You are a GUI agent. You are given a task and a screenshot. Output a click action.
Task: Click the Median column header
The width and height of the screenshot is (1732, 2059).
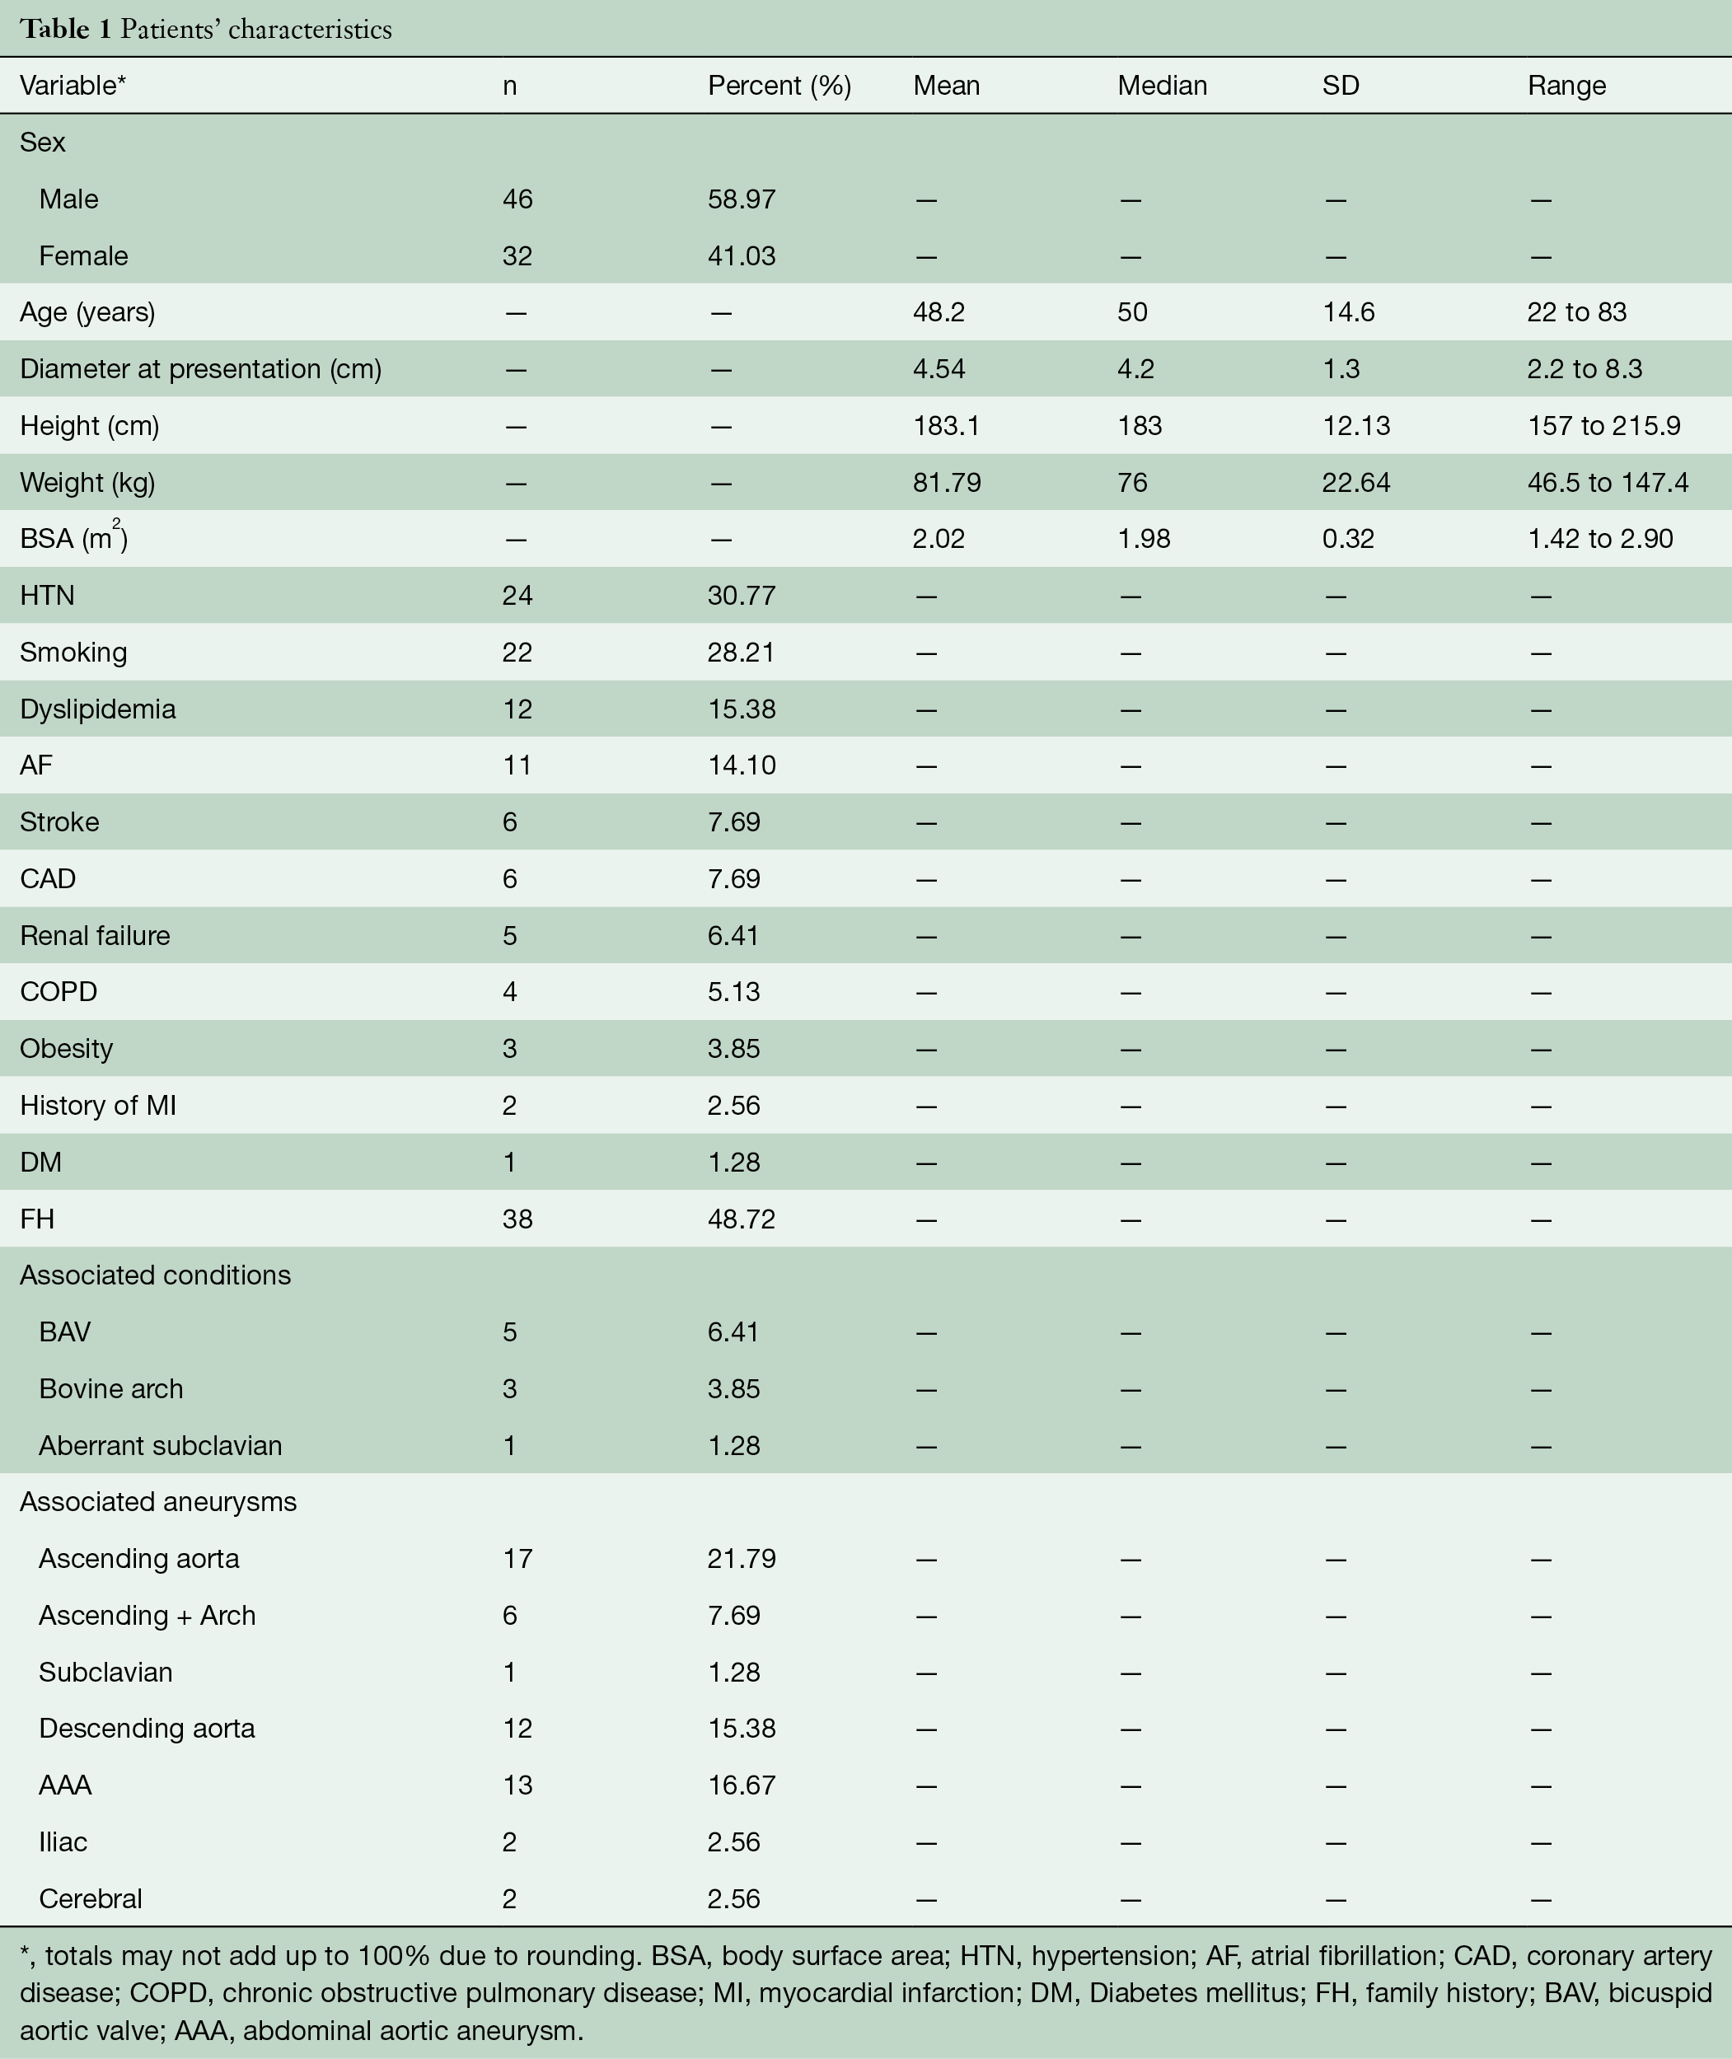pyautogui.click(x=1162, y=86)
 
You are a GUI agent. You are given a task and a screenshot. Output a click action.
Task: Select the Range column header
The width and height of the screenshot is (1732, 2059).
pyautogui.click(x=1566, y=86)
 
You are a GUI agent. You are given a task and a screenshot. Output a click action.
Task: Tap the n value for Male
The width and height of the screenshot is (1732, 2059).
pyautogui.click(x=517, y=199)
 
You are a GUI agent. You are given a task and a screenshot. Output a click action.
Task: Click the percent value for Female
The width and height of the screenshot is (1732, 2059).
pyautogui.click(x=742, y=256)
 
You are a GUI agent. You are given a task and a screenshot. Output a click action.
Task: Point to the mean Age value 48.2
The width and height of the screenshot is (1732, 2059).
pyautogui.click(x=939, y=312)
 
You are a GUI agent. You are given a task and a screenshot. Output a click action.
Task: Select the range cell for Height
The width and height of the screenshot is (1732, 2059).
pyautogui.click(x=1603, y=426)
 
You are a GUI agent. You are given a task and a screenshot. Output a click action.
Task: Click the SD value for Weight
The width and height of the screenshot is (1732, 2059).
pyautogui.click(x=1356, y=483)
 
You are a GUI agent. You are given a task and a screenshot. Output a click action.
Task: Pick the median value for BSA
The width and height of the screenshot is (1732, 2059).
pyautogui.click(x=1144, y=539)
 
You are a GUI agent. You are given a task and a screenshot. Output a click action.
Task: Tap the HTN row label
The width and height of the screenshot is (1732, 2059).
pyautogui.click(x=47, y=596)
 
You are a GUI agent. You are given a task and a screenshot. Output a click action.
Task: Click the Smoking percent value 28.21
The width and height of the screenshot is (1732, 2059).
pyautogui.click(x=742, y=653)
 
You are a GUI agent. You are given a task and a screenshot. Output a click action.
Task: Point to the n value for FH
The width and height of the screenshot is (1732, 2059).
pyautogui.click(x=517, y=1219)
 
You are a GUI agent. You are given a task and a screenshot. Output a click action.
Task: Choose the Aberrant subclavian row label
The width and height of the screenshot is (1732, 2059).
pyautogui.click(x=160, y=1446)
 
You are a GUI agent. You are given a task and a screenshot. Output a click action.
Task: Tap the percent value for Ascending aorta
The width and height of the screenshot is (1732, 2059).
pyautogui.click(x=742, y=1559)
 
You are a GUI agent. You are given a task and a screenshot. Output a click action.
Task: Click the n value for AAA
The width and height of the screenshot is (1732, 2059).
pyautogui.click(x=517, y=1786)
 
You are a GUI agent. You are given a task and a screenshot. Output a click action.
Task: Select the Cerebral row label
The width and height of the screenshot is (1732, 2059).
pyautogui.click(x=91, y=1899)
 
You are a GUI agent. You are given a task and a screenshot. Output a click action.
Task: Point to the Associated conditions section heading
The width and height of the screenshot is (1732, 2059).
pyautogui.click(x=155, y=1275)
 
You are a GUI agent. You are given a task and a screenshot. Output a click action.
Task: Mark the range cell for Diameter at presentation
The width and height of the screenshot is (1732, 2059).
pyautogui.click(x=1599, y=369)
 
